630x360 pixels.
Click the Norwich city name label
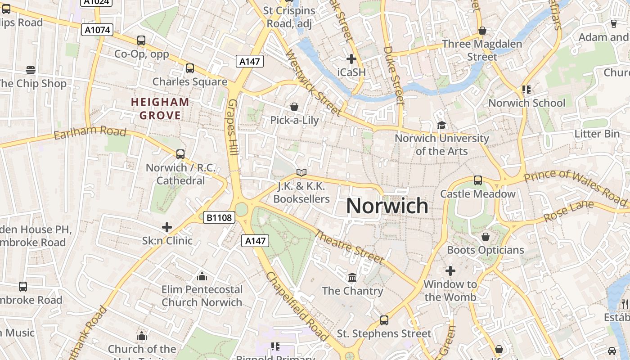[x=387, y=206]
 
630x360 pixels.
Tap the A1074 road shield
[x=96, y=30]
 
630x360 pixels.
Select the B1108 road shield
[x=220, y=218]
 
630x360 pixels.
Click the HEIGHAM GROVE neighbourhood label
[x=160, y=109]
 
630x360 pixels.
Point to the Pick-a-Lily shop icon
[x=294, y=107]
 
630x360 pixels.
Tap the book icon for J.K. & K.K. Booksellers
[x=301, y=173]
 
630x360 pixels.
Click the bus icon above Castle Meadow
[x=478, y=180]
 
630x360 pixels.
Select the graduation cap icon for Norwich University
[x=441, y=125]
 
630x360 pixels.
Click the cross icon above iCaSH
[x=351, y=59]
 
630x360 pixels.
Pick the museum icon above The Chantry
[x=352, y=277]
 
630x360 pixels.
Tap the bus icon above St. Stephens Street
[x=384, y=320]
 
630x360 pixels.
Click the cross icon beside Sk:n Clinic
[x=167, y=227]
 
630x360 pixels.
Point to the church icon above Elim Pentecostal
[x=202, y=276]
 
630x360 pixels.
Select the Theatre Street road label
[x=349, y=247]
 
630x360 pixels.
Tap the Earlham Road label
[x=90, y=133]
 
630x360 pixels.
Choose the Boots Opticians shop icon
[x=486, y=237]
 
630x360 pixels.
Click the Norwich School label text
[x=526, y=103]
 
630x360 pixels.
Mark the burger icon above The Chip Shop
[x=31, y=70]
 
